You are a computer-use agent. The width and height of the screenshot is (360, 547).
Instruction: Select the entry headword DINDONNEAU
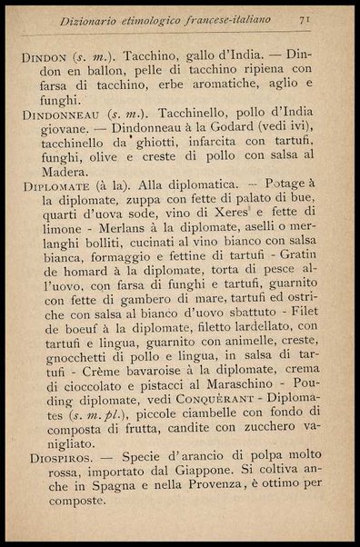click(x=63, y=114)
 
